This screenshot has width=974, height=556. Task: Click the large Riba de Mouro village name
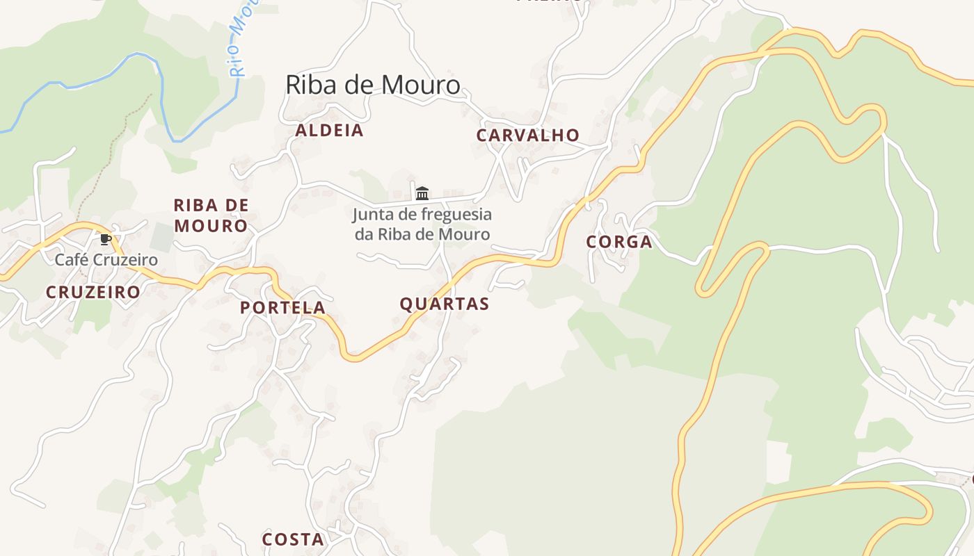pos(373,85)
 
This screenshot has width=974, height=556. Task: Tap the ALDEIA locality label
pos(329,131)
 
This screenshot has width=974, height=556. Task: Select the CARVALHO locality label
pos(527,136)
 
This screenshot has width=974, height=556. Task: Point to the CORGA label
pos(619,242)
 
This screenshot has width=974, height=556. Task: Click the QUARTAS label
pos(445,304)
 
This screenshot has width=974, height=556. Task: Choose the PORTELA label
pos(282,308)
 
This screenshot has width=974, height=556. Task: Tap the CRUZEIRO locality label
pos(93,293)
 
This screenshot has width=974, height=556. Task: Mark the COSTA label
pos(293,539)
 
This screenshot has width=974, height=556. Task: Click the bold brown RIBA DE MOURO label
pos(211,215)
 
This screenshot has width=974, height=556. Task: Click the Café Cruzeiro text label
pos(106,260)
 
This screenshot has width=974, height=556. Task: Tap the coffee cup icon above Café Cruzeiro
pos(105,240)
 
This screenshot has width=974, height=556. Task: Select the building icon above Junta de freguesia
pos(422,193)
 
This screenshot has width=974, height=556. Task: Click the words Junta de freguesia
pos(422,214)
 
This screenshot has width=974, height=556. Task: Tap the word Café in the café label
pos(70,260)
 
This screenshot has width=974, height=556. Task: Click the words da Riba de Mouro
pos(422,234)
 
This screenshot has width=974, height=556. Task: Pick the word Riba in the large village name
pos(307,85)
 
